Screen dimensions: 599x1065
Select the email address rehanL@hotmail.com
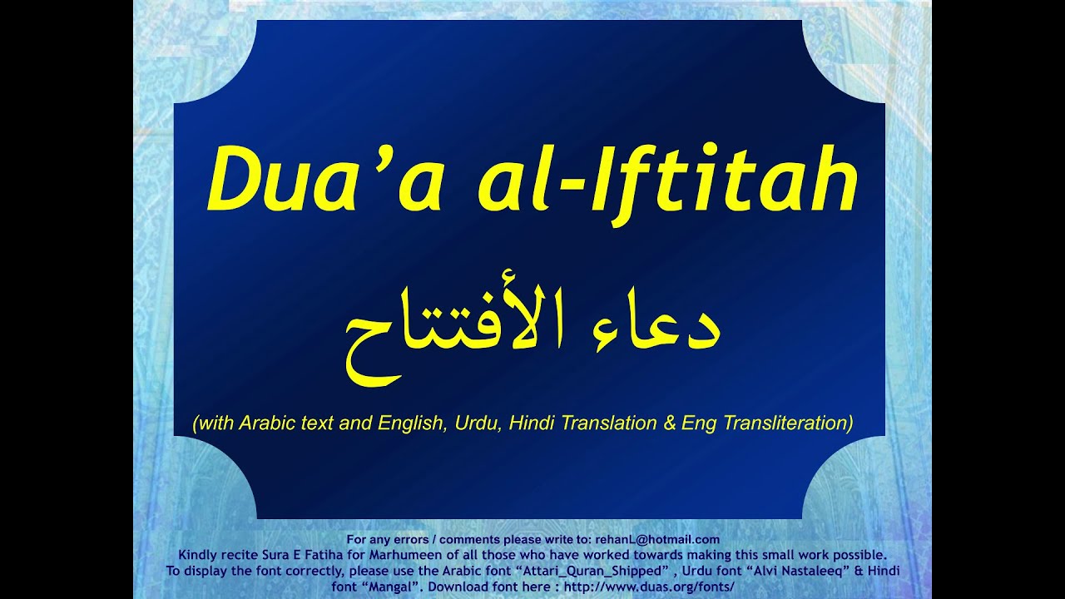657,540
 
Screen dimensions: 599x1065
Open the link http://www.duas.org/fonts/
649,586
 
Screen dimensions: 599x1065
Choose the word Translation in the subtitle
609,423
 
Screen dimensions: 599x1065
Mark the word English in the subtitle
412,423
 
